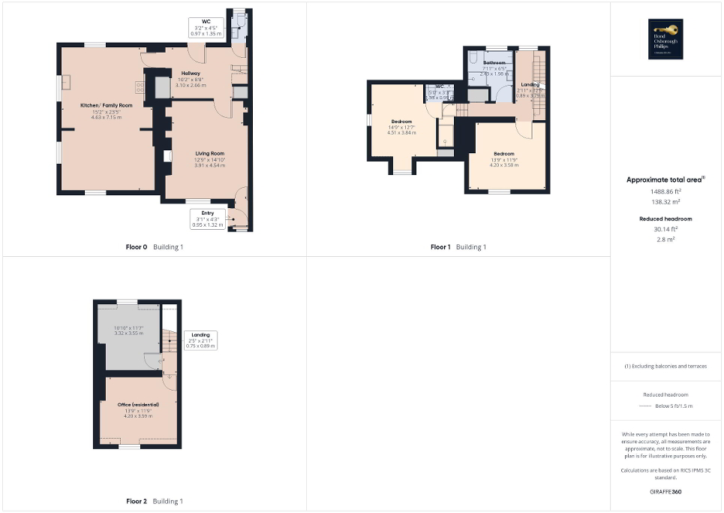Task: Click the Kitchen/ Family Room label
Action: pos(107,105)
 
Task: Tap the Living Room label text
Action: pos(200,153)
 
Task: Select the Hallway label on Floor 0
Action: pos(190,73)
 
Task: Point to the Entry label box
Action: pos(208,219)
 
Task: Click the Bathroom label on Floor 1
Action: pos(494,62)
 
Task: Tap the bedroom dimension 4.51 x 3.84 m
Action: pos(401,134)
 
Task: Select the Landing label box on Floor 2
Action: pos(200,340)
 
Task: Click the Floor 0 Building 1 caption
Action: pos(155,246)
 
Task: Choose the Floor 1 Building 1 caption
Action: pos(458,246)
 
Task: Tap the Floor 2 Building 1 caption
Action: pos(155,500)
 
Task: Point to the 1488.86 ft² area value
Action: pos(666,191)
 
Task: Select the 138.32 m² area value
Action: pos(666,202)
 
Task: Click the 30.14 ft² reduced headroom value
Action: pos(666,229)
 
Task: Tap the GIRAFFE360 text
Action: pos(666,492)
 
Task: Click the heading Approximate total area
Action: pos(665,180)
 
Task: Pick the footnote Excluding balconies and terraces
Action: pos(666,367)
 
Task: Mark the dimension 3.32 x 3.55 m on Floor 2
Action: pos(129,333)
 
